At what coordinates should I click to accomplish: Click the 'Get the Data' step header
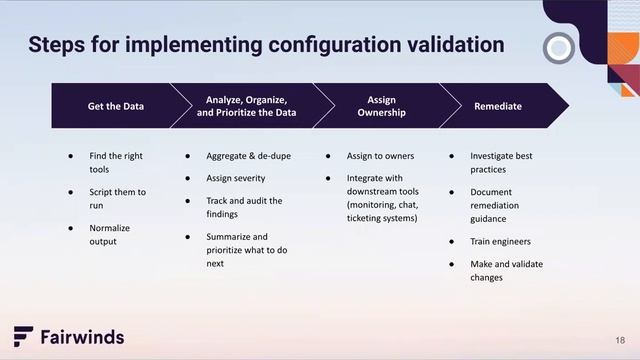click(112, 106)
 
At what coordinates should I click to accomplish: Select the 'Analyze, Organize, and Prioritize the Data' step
click(246, 106)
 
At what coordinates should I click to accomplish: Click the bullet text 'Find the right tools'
click(116, 163)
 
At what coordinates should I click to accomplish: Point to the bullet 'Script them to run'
click(117, 198)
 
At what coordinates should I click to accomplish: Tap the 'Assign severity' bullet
click(235, 178)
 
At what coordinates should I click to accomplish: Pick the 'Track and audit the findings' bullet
click(244, 207)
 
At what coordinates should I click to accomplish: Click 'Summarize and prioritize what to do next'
click(246, 250)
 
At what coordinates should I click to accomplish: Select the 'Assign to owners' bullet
click(380, 157)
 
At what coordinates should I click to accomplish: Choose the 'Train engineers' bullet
click(500, 241)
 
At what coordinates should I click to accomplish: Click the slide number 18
click(620, 338)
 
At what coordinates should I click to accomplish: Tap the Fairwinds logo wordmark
click(82, 337)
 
